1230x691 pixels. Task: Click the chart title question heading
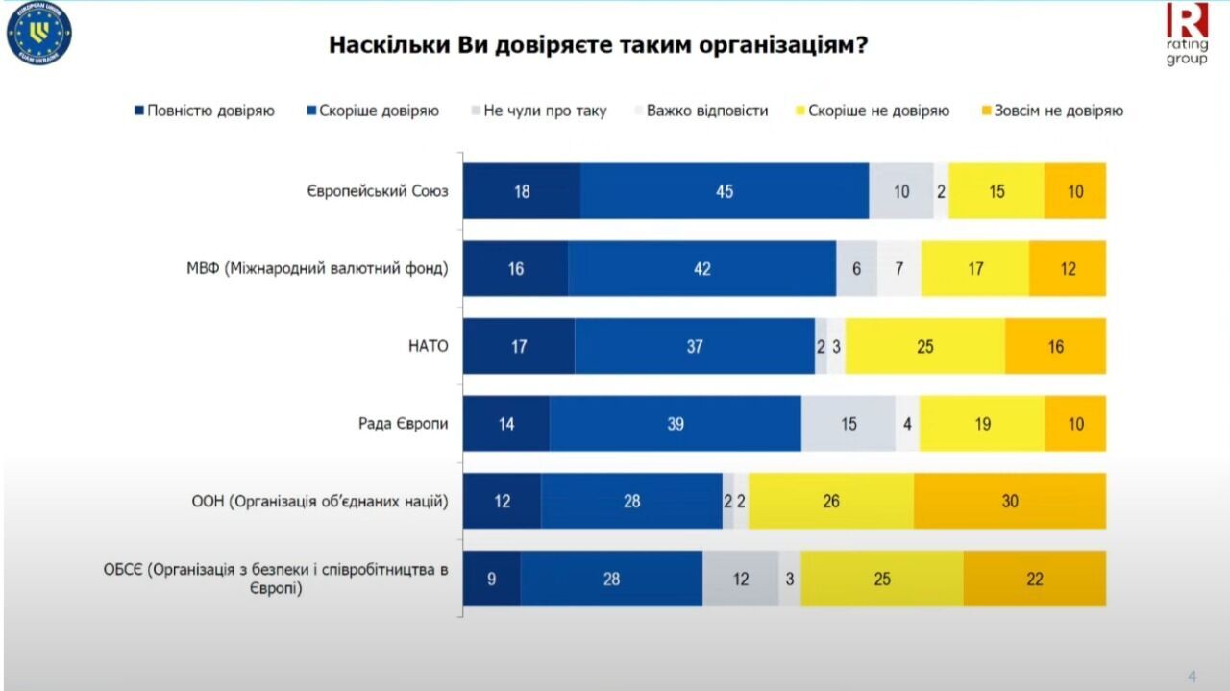(599, 45)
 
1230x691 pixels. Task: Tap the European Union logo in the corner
(39, 34)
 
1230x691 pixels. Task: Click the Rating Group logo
(1187, 34)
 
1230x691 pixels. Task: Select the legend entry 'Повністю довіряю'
(205, 111)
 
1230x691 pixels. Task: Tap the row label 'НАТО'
(430, 346)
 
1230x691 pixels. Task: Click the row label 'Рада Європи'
(404, 424)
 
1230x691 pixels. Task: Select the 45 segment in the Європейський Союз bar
(725, 191)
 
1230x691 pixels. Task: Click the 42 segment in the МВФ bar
(701, 269)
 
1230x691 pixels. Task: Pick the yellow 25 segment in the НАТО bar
(924, 346)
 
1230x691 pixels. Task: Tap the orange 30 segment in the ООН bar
(1009, 501)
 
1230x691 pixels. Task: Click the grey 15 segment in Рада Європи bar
(848, 424)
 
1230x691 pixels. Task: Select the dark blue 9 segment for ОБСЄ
(492, 579)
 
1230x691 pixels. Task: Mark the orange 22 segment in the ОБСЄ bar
(1034, 579)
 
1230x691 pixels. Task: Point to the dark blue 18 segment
(522, 191)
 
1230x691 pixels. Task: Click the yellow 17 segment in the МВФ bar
(974, 269)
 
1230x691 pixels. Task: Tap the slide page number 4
(1192, 675)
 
